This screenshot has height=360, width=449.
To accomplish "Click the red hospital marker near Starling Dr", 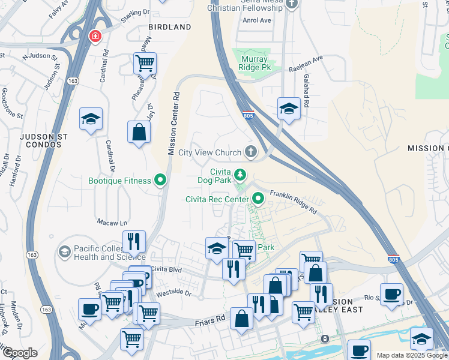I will pos(95,37).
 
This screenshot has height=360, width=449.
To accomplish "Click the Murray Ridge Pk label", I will pos(258,63).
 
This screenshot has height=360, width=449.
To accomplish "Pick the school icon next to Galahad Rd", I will pos(289,109).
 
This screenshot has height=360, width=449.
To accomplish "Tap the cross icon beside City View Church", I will pos(250,152).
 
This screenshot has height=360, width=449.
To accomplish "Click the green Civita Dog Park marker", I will pos(240,175).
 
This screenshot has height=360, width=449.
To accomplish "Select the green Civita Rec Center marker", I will pos(259,197).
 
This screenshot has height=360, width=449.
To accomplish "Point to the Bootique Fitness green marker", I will pos(160,179).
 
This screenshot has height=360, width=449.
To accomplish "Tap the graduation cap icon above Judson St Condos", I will pos(91,119).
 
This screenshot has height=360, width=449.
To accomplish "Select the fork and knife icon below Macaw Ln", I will pos(134,241).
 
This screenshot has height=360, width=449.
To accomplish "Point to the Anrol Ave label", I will pos(257,20).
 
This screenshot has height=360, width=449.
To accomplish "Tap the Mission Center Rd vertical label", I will pos(173,123).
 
